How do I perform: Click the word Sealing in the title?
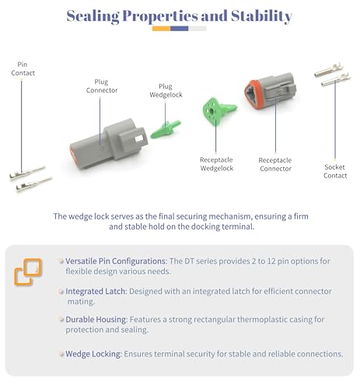coord(93,16)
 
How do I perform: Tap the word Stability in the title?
coord(261,16)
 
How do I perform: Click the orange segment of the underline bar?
coord(161,29)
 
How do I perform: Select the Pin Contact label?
coord(23,68)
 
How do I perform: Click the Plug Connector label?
coord(102,86)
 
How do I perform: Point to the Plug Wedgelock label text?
coord(166,90)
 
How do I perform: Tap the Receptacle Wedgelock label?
coord(217,164)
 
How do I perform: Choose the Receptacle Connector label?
coord(275,164)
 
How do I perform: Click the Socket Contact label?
coord(335,171)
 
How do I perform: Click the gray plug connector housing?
coord(109,143)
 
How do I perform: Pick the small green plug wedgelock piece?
coord(166,129)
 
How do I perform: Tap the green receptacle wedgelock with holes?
coord(218,110)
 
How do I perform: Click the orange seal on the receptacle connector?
coord(250,95)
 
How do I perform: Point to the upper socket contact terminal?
coord(329,70)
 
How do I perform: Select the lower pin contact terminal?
coord(33,184)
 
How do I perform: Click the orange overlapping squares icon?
coord(28,272)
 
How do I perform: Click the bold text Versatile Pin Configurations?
coord(115,261)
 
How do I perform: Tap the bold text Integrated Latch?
coord(96,291)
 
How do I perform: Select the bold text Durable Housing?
coord(96,319)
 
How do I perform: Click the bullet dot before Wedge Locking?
coord(61,354)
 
